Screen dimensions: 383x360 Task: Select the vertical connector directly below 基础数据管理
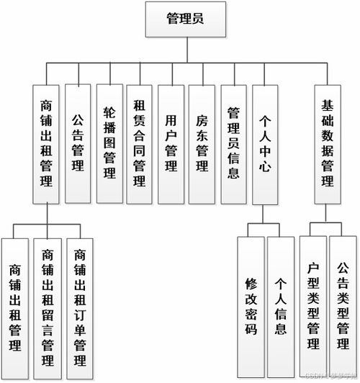[x=328, y=212]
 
